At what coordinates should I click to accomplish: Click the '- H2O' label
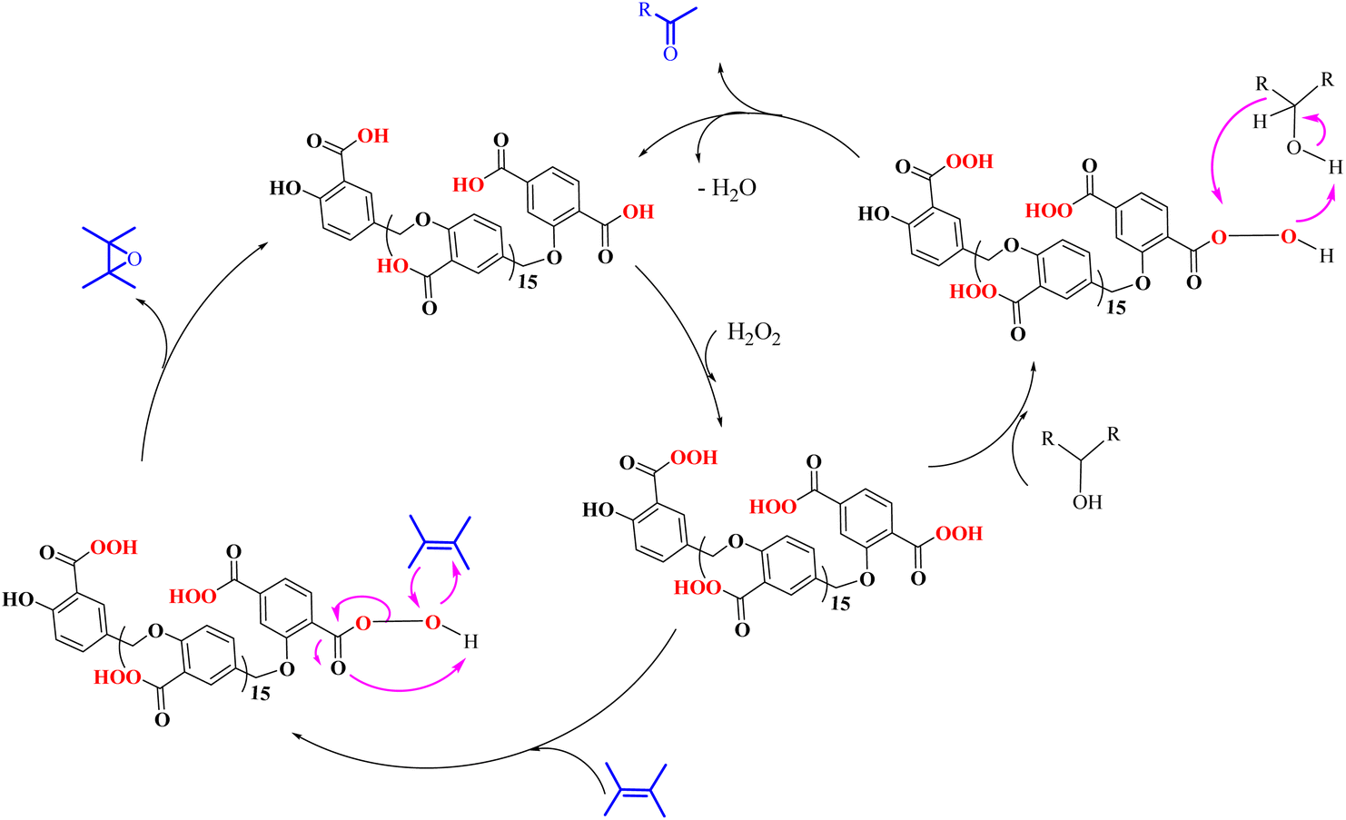point(727,189)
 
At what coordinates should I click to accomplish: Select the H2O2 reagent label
point(754,332)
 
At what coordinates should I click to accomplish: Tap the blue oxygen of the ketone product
point(670,54)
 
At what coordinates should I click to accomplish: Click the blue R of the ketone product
point(645,11)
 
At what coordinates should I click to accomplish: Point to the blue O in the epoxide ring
point(134,259)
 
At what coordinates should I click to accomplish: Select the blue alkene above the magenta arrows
point(440,542)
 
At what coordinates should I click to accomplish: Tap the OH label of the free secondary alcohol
point(1087,501)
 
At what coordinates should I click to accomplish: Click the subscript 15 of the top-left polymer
point(527,282)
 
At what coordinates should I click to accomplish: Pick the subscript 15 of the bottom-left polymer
point(260,694)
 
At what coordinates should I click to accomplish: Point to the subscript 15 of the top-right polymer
point(1116,308)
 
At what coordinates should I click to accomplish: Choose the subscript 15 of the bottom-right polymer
point(840,604)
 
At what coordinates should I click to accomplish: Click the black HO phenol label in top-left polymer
point(285,188)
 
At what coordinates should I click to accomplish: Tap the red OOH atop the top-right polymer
point(969,161)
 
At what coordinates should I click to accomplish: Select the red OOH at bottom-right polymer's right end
point(959,533)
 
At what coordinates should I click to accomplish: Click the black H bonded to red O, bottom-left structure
point(470,642)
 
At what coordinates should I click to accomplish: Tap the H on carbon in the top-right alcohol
point(1260,122)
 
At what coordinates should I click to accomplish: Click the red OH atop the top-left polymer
point(373,136)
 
